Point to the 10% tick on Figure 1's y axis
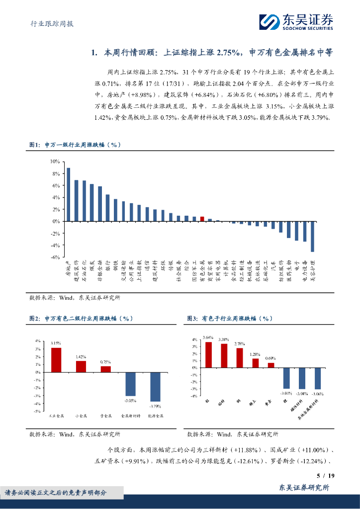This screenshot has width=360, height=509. pos(55,162)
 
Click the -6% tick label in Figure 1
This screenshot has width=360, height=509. pos(55,257)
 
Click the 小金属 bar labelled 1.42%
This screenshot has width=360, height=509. pos(81,366)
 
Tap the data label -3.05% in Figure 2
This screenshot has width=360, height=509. pos(130,400)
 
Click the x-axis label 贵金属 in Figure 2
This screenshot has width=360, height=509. pos(105,416)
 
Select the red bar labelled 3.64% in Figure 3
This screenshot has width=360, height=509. pos(208,355)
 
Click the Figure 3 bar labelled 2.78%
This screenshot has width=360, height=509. pos(240,358)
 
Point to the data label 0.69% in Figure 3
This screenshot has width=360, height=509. pos(270,358)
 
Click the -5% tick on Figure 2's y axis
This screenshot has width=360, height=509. pos(37,412)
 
